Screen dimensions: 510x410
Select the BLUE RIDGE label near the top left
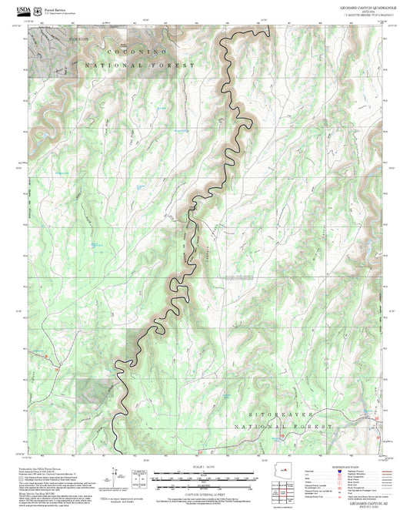58,36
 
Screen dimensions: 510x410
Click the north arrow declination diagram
115,474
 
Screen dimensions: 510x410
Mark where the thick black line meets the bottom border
115,454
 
